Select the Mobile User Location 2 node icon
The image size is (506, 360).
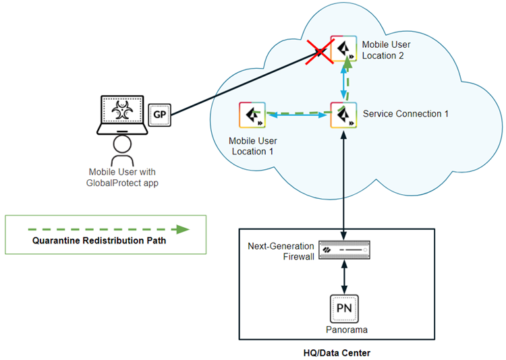point(343,49)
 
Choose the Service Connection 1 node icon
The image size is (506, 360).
point(343,114)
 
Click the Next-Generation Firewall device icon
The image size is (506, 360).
point(344,250)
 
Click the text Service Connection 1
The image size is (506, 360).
point(405,114)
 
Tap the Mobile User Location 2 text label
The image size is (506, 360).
point(386,50)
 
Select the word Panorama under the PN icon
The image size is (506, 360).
point(344,329)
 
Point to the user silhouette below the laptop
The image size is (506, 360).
point(121,148)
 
